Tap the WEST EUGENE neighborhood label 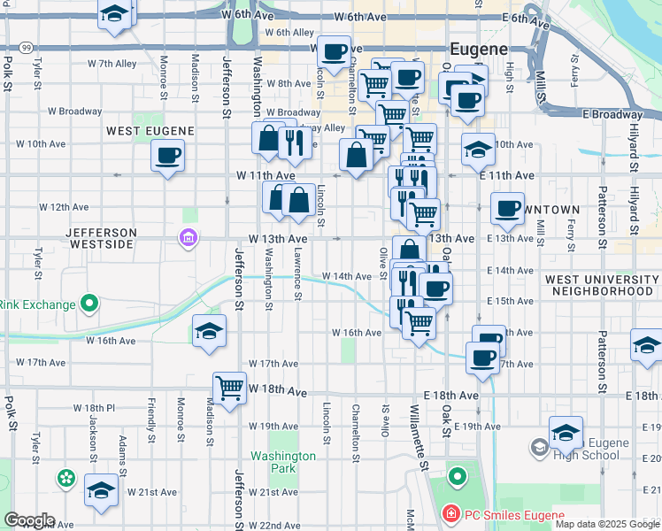pos(150,131)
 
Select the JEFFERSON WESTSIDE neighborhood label pos(103,239)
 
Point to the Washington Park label pos(282,462)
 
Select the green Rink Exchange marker pos(89,305)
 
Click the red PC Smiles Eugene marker pos(451,514)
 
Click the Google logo pos(29,520)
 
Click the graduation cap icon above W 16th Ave pos(208,332)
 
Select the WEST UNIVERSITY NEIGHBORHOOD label pos(601,285)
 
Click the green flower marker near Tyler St pos(66,479)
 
